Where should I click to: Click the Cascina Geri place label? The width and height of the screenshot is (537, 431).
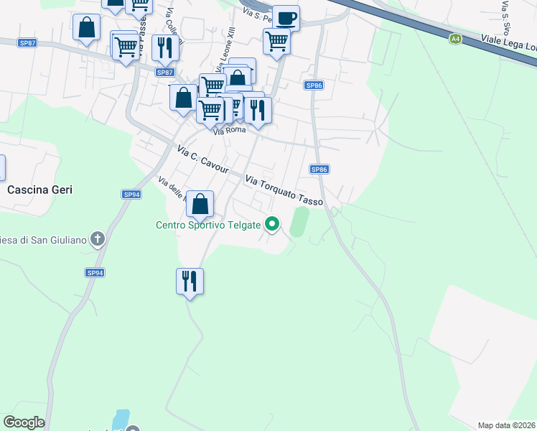[x=40, y=190]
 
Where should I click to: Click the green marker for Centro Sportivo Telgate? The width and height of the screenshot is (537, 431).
[x=272, y=225]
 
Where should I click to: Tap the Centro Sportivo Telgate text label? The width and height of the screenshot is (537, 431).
[x=208, y=225]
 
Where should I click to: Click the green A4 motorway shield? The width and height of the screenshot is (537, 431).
[x=455, y=39]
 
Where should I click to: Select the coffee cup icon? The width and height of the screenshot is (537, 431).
[x=286, y=18]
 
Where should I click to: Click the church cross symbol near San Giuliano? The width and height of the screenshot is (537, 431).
[x=98, y=239]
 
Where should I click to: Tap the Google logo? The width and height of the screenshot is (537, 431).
[x=24, y=422]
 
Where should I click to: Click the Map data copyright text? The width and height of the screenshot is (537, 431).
[x=507, y=425]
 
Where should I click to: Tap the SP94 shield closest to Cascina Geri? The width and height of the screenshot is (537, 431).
[x=131, y=195]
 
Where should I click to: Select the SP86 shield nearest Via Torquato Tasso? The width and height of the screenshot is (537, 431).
[x=319, y=170]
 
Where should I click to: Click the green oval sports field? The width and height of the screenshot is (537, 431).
[x=299, y=221]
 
